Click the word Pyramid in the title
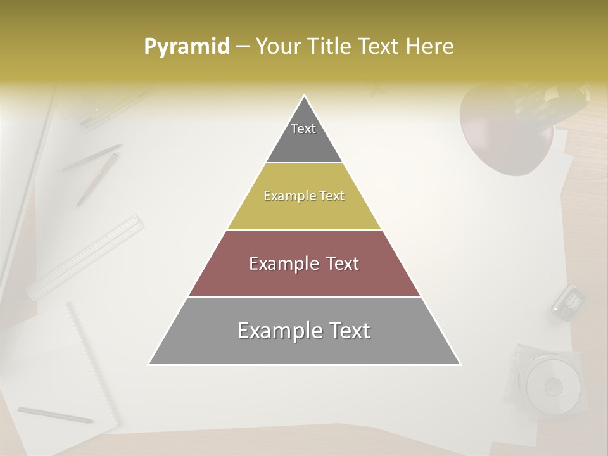pyautogui.click(x=186, y=47)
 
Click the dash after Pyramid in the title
pyautogui.click(x=242, y=47)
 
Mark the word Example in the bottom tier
pyautogui.click(x=274, y=331)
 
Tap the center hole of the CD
pyautogui.click(x=554, y=386)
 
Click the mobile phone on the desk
pyautogui.click(x=567, y=301)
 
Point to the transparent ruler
pyautogui.click(x=85, y=256)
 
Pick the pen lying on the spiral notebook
pyautogui.click(x=56, y=415)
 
